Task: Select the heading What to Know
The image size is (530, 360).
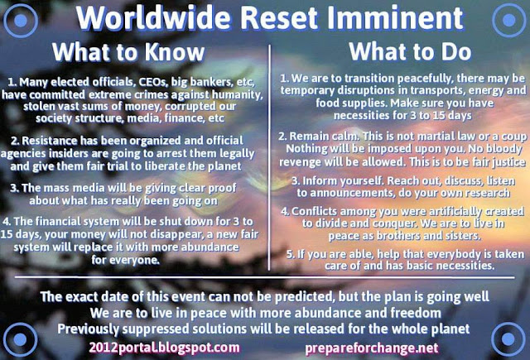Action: click(128, 52)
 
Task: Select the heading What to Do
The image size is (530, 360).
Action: click(410, 51)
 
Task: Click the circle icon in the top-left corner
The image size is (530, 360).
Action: click(20, 21)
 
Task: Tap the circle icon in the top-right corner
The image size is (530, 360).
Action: click(509, 20)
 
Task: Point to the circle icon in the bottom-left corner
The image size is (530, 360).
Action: click(20, 339)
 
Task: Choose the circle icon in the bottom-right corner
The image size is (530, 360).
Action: click(508, 339)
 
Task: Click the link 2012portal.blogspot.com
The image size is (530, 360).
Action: click(164, 348)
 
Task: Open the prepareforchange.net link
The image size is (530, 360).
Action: click(372, 348)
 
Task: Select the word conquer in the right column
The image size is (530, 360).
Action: click(394, 224)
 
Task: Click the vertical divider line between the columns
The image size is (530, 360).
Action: click(269, 157)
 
